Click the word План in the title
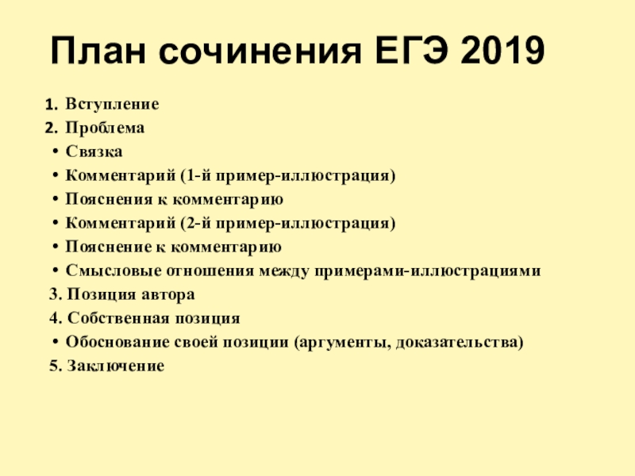[98, 51]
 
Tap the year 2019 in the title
[502, 51]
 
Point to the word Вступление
[112, 104]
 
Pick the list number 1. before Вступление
[52, 105]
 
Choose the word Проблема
[105, 128]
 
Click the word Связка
[94, 152]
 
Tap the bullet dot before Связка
[55, 152]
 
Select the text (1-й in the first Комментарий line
[195, 175]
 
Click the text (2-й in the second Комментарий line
[195, 223]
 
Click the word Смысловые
[114, 271]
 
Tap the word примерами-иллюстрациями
[428, 271]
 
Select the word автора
[168, 294]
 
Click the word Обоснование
[117, 342]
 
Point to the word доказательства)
[460, 342]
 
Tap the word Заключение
[115, 366]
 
